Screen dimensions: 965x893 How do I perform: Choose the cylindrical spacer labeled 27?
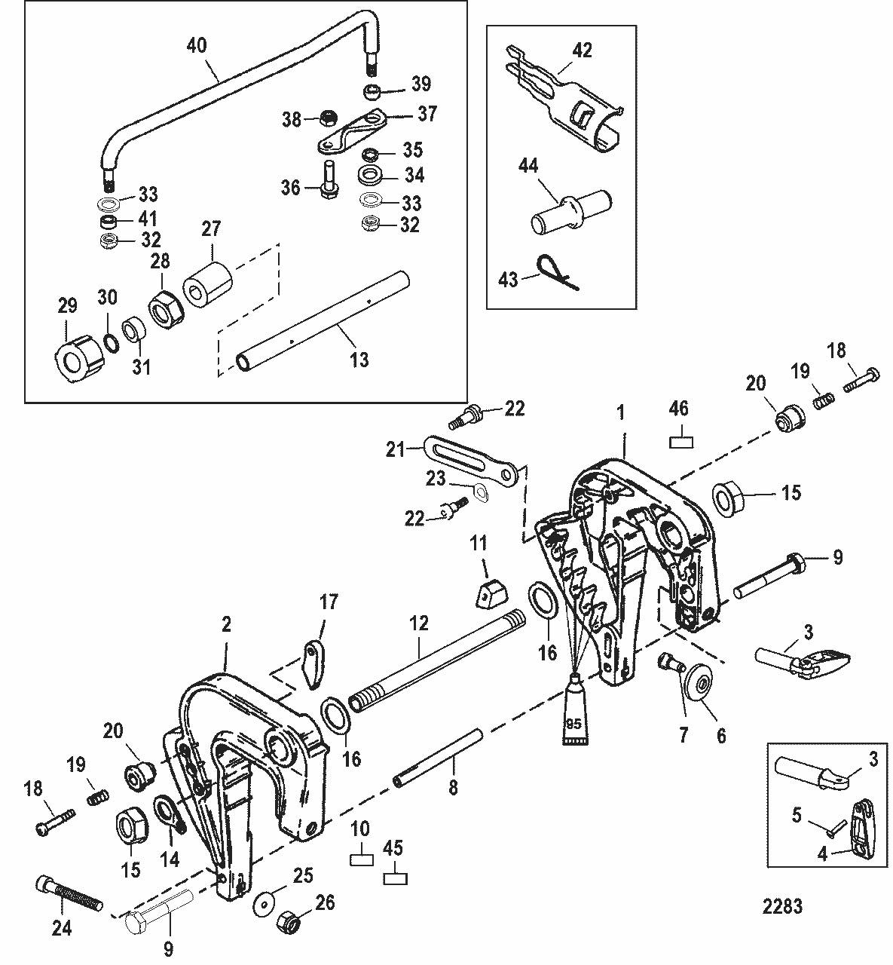[x=206, y=284]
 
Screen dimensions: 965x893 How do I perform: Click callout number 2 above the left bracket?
[x=226, y=624]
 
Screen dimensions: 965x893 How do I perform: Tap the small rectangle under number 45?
[x=394, y=878]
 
